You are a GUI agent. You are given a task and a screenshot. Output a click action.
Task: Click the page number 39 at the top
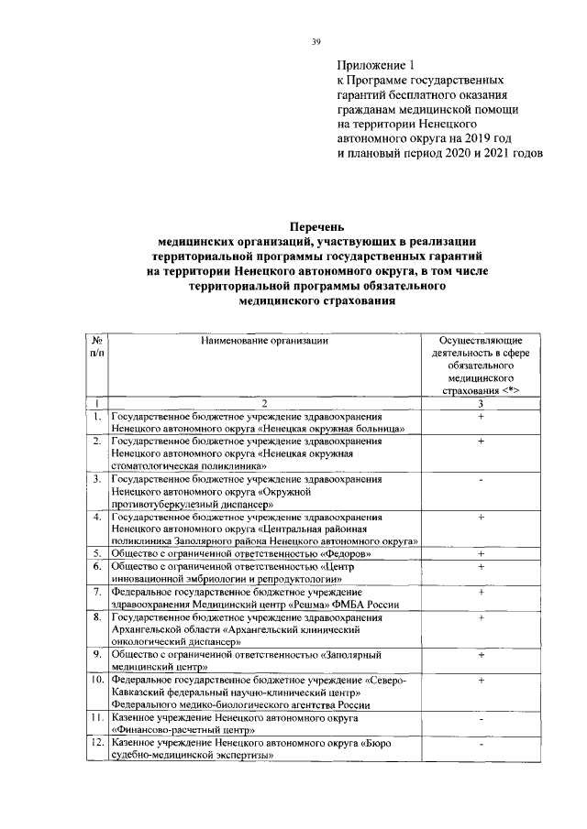[315, 40]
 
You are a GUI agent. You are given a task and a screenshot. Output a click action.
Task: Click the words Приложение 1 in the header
[376, 65]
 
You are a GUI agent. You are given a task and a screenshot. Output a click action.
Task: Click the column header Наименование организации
[264, 340]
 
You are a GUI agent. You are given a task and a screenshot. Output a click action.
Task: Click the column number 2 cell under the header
[264, 403]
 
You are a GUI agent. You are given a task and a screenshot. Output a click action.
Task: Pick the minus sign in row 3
[481, 479]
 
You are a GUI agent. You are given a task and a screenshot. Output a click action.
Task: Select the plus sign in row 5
[481, 554]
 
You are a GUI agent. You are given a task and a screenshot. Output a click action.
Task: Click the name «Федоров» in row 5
[347, 554]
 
